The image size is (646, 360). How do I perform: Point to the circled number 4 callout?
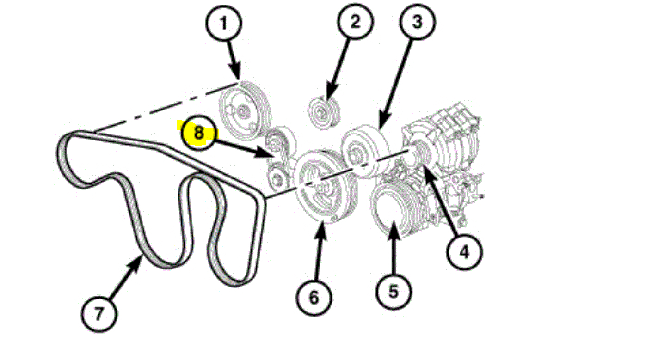click(x=464, y=252)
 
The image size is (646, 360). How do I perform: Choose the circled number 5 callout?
click(x=393, y=291)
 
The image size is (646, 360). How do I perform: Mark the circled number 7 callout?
click(x=98, y=314)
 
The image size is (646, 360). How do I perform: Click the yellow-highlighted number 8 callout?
click(x=199, y=133)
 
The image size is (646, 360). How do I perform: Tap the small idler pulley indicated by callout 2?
click(x=323, y=111)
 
